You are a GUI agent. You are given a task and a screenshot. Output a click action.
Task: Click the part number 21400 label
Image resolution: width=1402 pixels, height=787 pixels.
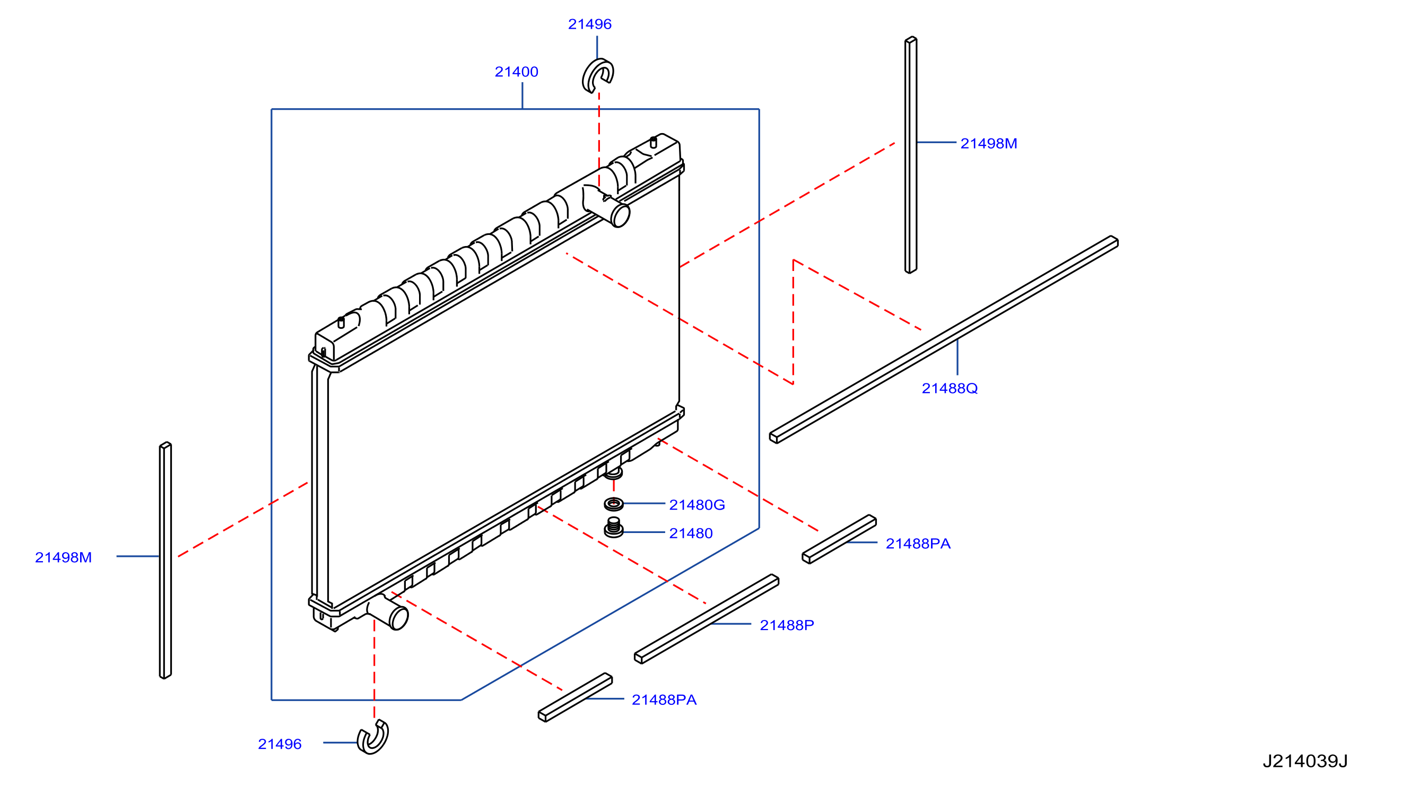516,72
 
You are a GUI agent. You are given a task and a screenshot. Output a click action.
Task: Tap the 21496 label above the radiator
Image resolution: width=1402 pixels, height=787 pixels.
589,24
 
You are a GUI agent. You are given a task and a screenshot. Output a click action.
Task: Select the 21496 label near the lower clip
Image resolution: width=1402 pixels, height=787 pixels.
279,744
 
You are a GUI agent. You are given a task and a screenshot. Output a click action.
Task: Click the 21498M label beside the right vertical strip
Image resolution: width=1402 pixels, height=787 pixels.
988,144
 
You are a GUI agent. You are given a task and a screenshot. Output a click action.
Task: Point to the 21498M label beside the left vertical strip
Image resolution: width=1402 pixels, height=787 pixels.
63,557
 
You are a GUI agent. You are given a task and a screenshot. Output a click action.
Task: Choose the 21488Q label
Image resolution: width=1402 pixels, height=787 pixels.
949,388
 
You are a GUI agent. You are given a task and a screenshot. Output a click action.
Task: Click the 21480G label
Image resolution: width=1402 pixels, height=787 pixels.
696,505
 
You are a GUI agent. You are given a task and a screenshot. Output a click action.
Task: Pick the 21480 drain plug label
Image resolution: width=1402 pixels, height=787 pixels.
691,534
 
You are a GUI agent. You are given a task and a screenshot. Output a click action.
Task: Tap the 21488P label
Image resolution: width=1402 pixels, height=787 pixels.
787,625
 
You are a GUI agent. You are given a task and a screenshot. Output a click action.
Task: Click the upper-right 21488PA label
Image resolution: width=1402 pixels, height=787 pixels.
918,544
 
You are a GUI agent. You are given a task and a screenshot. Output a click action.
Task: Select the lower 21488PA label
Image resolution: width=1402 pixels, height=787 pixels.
664,700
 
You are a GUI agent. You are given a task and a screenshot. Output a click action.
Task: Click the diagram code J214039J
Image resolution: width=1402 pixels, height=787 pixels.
1304,761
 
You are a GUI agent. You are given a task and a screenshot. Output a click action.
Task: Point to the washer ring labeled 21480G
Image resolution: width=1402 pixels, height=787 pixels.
613,504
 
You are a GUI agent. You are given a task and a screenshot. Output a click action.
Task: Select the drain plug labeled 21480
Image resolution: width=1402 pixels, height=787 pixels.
613,527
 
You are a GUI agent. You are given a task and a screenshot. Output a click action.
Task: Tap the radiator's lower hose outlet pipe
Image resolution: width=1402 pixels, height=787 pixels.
389,613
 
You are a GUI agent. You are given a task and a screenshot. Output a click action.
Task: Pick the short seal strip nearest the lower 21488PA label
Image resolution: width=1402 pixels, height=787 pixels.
575,698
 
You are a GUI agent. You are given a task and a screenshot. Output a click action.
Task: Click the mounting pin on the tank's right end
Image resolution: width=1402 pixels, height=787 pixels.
653,143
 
